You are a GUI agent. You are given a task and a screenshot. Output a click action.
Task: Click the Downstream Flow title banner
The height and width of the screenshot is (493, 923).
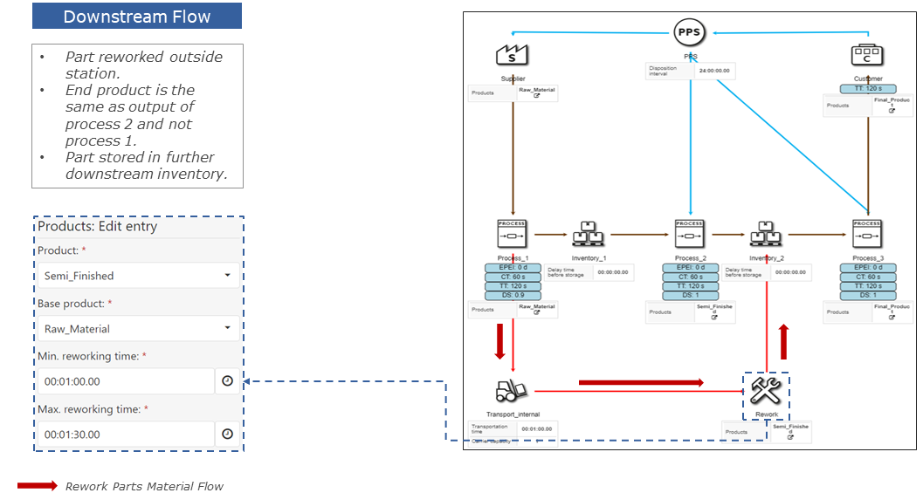[136, 17]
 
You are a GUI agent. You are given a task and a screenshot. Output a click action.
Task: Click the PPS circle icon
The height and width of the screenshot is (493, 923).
[689, 33]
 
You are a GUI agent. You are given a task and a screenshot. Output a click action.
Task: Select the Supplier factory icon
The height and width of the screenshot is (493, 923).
[512, 55]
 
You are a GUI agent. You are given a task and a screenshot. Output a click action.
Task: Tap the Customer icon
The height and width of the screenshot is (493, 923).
[867, 55]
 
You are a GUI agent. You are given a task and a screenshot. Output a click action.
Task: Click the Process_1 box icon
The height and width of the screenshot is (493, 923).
[512, 233]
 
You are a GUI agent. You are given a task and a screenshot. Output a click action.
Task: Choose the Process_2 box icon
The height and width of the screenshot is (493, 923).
[689, 233]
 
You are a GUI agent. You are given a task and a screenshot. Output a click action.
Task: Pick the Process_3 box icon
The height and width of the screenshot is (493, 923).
[867, 233]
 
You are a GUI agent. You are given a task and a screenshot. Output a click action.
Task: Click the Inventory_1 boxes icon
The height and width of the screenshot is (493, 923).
[589, 233]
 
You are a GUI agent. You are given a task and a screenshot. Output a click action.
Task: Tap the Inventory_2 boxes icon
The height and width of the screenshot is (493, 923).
[766, 233]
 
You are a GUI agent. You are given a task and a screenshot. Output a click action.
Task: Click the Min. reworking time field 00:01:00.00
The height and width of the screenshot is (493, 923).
[125, 381]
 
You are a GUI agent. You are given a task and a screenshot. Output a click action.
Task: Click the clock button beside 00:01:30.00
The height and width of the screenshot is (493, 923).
[227, 435]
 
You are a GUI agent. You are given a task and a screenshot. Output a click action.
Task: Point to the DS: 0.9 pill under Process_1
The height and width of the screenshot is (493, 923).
[512, 296]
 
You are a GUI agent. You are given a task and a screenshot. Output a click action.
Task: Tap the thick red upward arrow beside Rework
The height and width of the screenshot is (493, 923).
[785, 341]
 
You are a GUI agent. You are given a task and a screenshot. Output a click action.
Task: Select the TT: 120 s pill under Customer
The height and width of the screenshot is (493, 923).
[867, 88]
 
